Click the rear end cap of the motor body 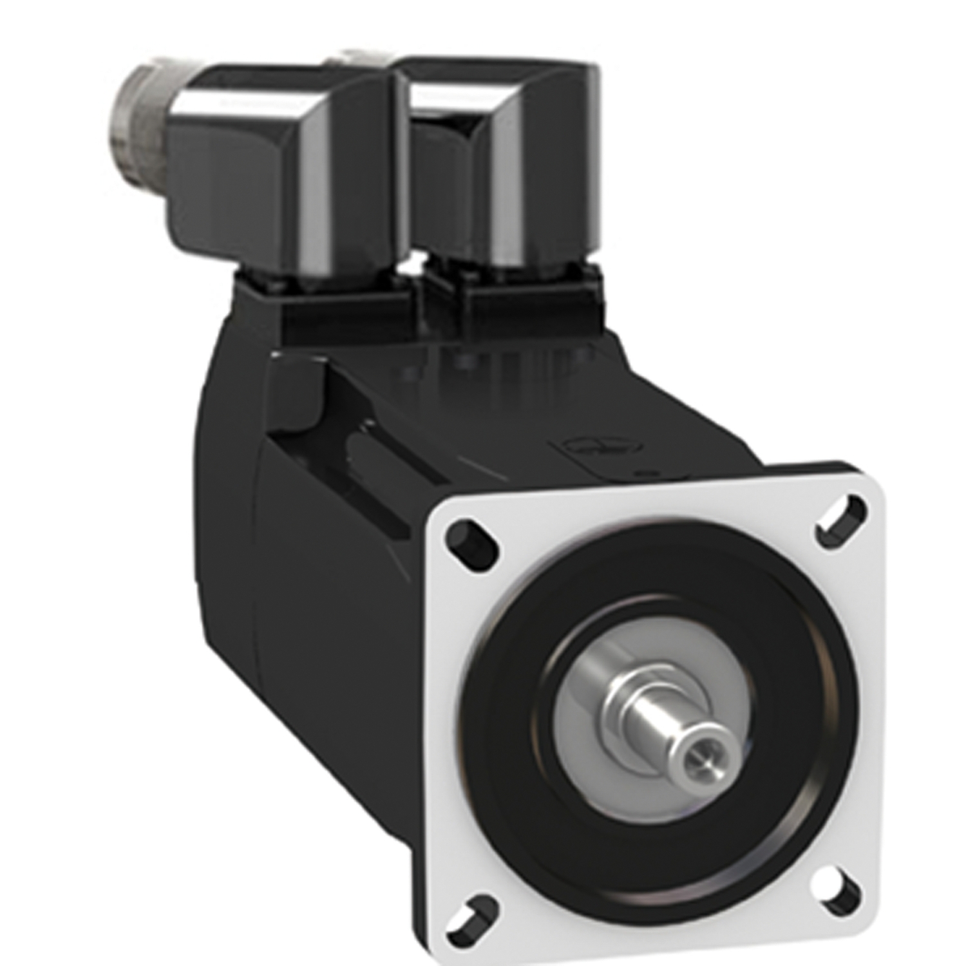(232, 515)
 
